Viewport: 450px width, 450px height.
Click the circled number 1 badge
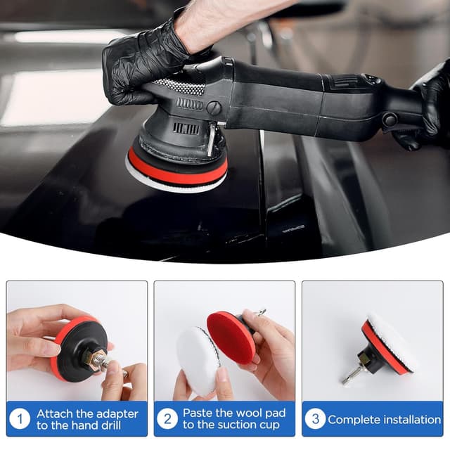click(x=20, y=419)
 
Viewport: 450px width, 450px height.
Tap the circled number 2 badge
click(x=167, y=419)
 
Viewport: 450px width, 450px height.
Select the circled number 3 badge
click(x=315, y=419)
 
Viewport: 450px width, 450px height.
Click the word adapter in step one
click(x=116, y=414)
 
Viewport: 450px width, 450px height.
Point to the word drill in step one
click(x=110, y=425)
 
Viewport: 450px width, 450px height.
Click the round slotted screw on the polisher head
click(x=214, y=108)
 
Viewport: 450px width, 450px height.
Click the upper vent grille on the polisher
click(x=190, y=103)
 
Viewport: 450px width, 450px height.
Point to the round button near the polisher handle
click(x=390, y=119)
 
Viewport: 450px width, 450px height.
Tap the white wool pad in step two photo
click(x=198, y=361)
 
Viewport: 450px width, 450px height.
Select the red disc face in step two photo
click(x=231, y=339)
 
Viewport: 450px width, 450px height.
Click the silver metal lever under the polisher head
click(x=212, y=139)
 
